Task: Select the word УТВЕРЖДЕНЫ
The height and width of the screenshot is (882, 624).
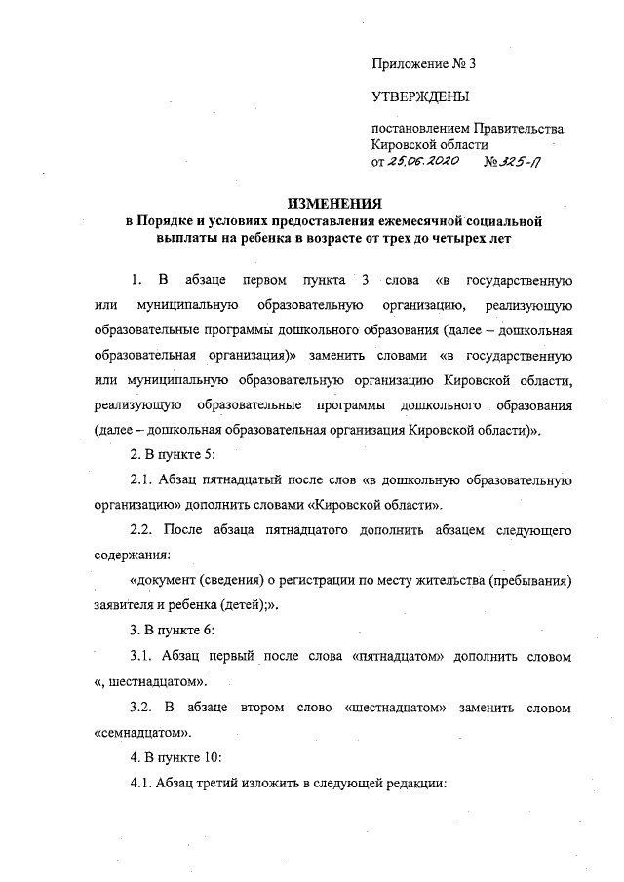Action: [419, 96]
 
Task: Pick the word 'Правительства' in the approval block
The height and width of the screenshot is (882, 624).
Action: [518, 129]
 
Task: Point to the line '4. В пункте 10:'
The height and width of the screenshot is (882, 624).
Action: [177, 758]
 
